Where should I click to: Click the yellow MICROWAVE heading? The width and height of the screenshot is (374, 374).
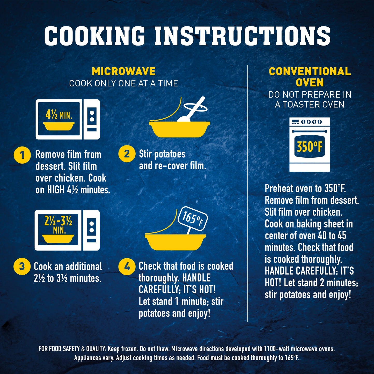click(x=124, y=71)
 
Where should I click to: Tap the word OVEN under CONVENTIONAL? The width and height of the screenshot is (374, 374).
click(x=310, y=83)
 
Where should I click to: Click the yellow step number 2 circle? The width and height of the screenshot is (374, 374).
click(x=127, y=154)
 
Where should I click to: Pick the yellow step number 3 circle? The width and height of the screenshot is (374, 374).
click(x=22, y=266)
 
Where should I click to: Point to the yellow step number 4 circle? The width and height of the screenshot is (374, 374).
click(x=127, y=267)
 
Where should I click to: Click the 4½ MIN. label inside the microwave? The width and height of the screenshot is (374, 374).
click(x=59, y=115)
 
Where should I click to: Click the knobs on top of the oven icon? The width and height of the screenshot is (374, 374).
click(x=311, y=122)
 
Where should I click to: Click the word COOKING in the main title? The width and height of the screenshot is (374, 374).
click(x=94, y=36)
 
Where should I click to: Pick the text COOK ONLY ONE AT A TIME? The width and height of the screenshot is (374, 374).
click(x=124, y=83)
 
